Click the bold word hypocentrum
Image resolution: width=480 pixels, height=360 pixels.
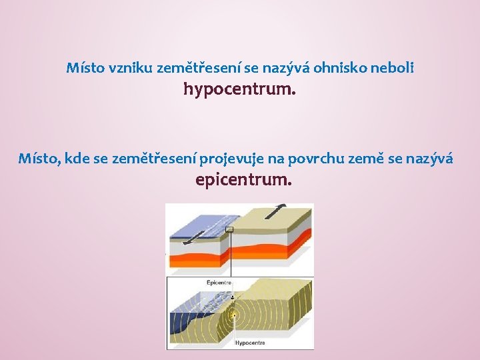[x=239, y=89]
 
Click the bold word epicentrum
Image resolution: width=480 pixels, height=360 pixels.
[x=243, y=179]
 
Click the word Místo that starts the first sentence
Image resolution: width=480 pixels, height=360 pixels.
[x=81, y=67]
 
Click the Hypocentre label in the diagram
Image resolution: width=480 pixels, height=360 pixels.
[x=250, y=343]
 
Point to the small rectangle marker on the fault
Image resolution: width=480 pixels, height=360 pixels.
[x=229, y=229]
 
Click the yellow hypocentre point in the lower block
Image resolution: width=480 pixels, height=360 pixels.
[x=233, y=315]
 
